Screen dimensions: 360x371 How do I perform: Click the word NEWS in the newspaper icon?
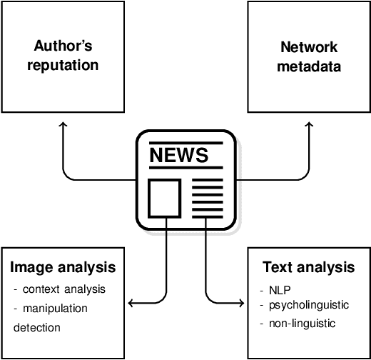coord(178,155)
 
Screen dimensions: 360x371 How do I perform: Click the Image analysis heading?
coord(63,269)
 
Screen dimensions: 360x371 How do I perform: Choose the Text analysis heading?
coord(308,268)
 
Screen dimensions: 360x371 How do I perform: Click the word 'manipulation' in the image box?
coord(61,309)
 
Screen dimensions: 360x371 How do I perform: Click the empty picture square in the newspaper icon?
coord(163,198)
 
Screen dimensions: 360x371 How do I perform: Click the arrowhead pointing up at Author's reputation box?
coord(63,125)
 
